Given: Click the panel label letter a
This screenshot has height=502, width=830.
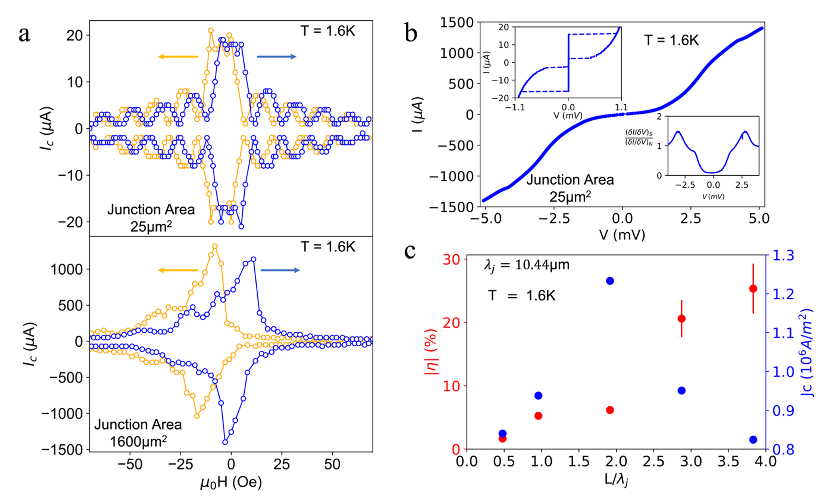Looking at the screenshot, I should tap(24, 34).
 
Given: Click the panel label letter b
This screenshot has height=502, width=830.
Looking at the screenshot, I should tap(411, 33).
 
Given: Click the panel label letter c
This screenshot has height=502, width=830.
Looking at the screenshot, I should tap(410, 251).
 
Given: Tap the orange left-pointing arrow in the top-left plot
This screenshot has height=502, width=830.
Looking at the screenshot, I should tap(177, 57).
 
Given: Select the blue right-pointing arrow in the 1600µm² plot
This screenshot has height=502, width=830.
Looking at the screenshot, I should tap(280, 270).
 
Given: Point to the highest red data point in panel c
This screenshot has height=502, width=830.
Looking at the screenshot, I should tap(753, 289).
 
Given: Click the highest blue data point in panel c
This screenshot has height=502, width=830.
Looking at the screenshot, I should tap(610, 281).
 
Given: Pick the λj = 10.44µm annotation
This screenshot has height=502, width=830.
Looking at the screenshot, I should tap(526, 265).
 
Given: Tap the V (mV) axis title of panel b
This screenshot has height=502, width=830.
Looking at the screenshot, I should tap(622, 235).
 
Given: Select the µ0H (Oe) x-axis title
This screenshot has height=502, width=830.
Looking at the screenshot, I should tap(231, 483).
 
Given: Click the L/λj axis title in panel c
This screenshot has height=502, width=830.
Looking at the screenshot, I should tap(616, 480).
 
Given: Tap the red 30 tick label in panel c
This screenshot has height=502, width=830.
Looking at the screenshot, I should tap(452, 260).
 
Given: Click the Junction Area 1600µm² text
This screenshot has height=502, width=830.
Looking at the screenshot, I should tap(138, 433).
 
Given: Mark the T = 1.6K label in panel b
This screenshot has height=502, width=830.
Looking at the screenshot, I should tap(671, 41).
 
